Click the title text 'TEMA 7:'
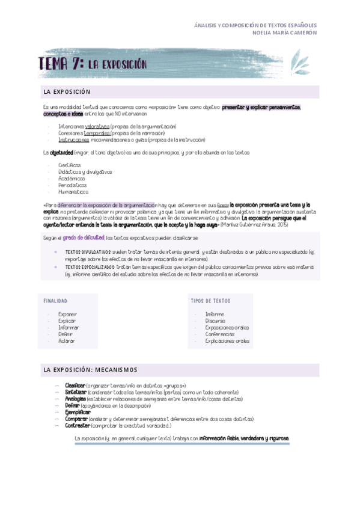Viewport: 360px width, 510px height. click(x=61, y=64)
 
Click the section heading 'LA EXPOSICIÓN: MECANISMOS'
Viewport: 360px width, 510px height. click(x=90, y=369)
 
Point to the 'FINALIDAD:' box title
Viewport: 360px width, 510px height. click(x=56, y=300)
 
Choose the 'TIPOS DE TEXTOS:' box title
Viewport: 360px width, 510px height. click(x=210, y=300)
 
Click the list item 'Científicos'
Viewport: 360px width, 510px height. click(x=69, y=165)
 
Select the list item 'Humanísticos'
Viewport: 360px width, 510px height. click(x=73, y=192)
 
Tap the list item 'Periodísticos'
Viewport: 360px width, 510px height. click(x=72, y=185)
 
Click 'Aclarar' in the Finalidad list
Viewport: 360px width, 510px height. click(x=67, y=340)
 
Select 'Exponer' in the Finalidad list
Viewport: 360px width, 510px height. click(x=67, y=314)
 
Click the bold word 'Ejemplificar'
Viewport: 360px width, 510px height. click(x=78, y=412)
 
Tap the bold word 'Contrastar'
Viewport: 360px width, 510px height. click(x=77, y=425)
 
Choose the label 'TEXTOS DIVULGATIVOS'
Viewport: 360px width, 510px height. click(x=88, y=252)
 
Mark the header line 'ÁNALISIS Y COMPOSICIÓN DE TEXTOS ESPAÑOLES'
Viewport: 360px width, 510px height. click(x=255, y=26)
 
